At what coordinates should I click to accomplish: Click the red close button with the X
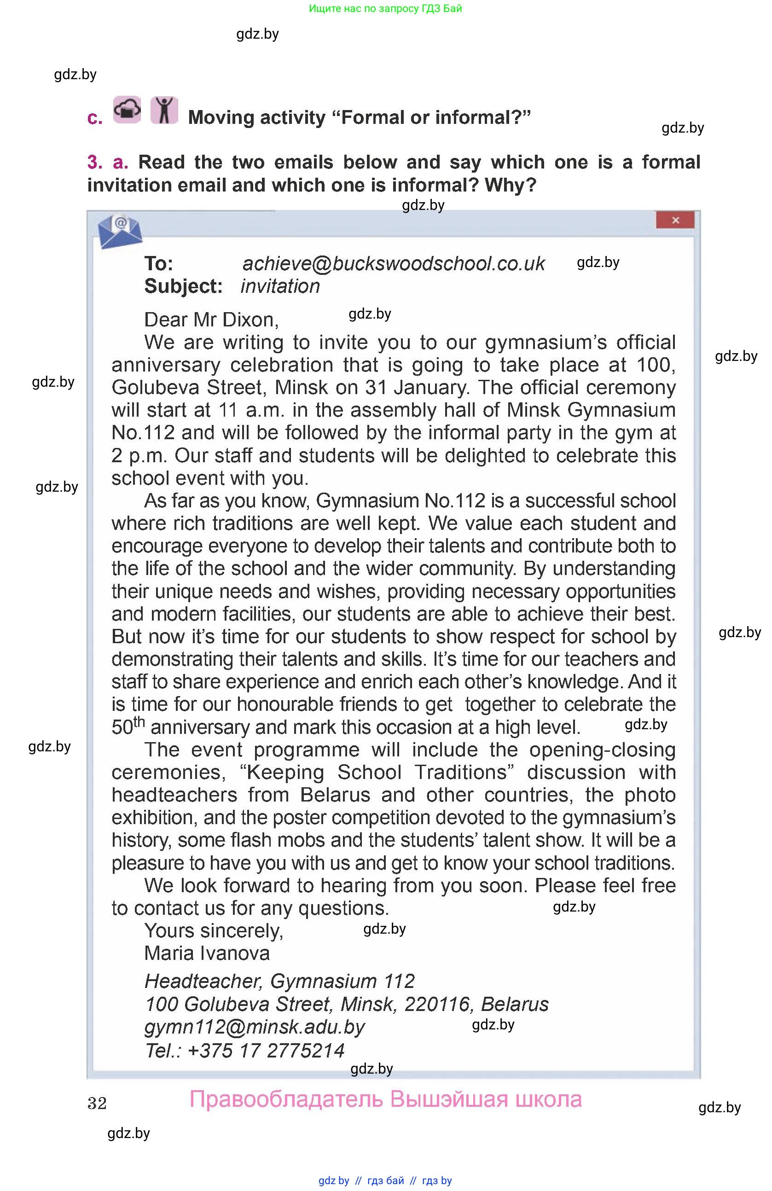[x=674, y=220]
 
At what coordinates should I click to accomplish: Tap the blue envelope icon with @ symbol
[x=120, y=231]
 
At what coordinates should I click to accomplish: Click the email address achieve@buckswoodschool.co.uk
[x=393, y=264]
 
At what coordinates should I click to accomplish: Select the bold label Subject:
[x=183, y=286]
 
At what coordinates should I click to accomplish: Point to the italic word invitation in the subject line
[x=280, y=286]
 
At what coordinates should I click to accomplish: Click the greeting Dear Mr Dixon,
[x=211, y=320]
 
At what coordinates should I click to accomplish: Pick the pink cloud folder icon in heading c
[x=127, y=110]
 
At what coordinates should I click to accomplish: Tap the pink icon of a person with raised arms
[x=164, y=110]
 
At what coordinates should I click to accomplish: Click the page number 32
[x=97, y=1104]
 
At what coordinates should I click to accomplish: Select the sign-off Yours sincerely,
[x=214, y=931]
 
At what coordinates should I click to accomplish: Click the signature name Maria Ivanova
[x=207, y=953]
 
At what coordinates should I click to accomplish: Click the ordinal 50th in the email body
[x=128, y=726]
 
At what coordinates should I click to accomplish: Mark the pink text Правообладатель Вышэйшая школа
[x=385, y=1099]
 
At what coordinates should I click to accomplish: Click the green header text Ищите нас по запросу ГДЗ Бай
[x=385, y=8]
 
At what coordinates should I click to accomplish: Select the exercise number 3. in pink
[x=94, y=162]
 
